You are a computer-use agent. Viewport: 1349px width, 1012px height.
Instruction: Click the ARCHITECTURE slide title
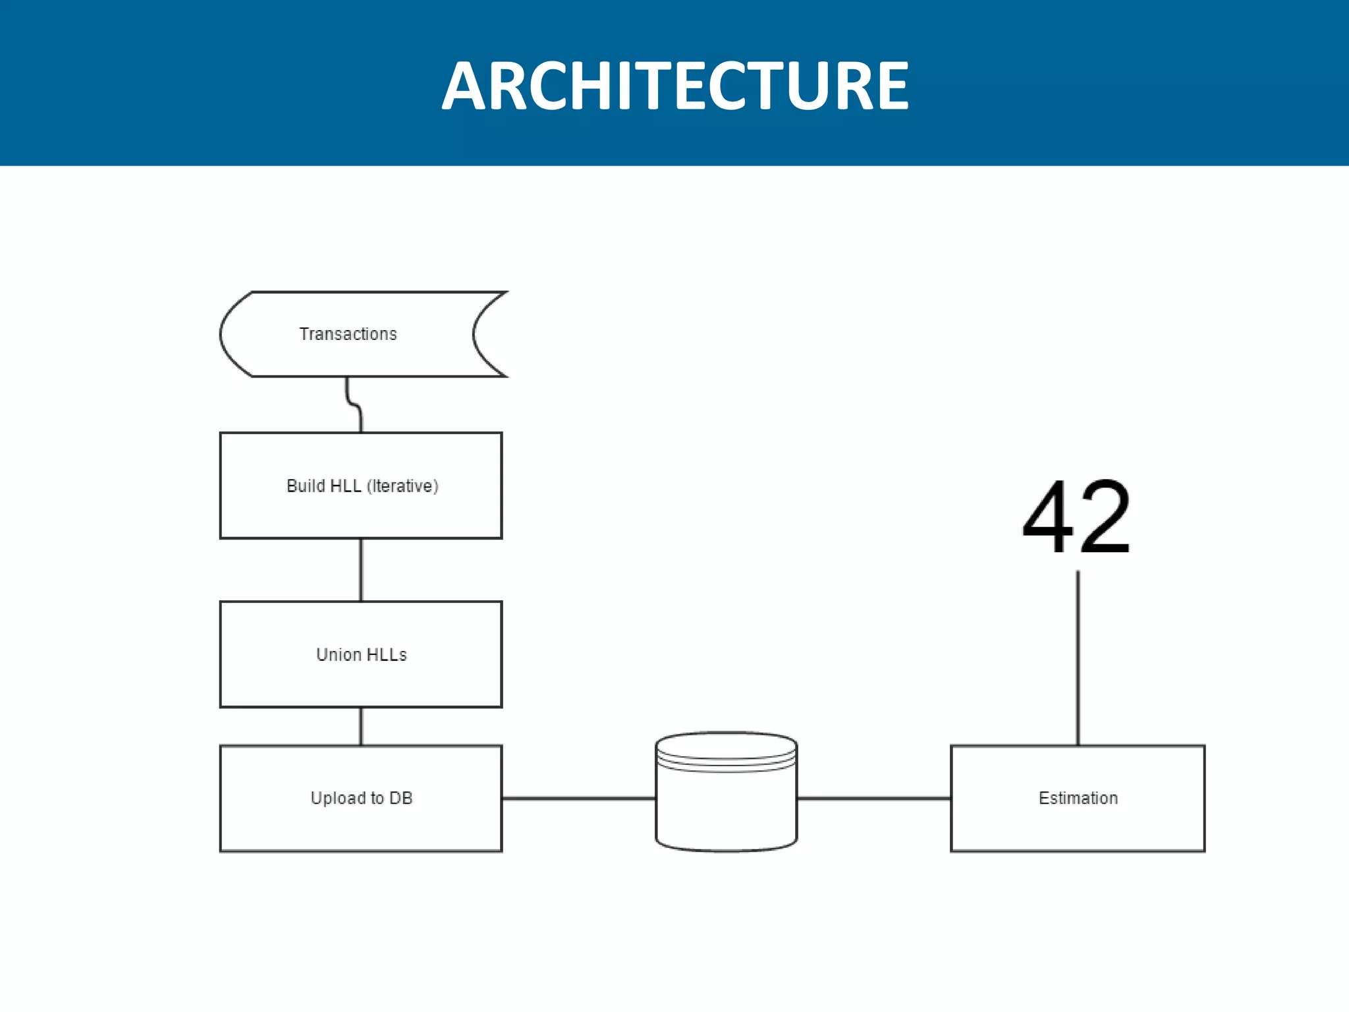click(x=674, y=86)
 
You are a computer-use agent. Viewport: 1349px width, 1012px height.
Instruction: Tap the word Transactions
click(x=348, y=334)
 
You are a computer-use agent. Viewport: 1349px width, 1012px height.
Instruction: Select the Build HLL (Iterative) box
click(x=361, y=514)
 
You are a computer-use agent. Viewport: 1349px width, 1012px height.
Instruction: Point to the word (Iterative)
click(x=402, y=486)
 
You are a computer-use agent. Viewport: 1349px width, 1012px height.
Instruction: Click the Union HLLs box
click(x=361, y=682)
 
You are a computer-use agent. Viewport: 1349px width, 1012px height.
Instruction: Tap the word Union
click(x=338, y=655)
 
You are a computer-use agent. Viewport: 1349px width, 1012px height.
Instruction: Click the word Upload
click(x=337, y=799)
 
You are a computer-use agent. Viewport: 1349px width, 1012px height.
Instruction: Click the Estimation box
click(x=1078, y=824)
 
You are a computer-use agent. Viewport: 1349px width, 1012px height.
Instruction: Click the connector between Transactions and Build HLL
click(x=354, y=403)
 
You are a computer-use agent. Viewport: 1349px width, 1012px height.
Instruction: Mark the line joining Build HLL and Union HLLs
click(x=361, y=570)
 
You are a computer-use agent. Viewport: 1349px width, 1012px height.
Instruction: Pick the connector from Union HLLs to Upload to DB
click(x=361, y=726)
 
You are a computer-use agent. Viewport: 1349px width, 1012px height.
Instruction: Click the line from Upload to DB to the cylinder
click(x=578, y=799)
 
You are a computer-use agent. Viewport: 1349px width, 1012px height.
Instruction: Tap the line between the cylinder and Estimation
click(x=873, y=799)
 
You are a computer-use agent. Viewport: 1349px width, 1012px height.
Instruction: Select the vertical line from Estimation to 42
click(x=1078, y=659)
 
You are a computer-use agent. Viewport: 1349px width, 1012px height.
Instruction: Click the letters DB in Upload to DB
click(x=400, y=799)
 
